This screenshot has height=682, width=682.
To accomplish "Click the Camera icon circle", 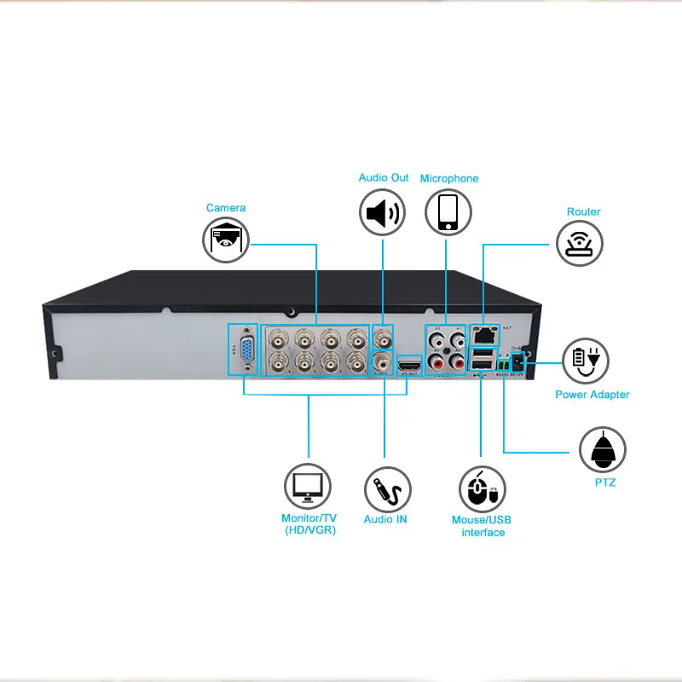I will (x=226, y=240).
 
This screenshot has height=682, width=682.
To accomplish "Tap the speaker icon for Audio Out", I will (x=383, y=212).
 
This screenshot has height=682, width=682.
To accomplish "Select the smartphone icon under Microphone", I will (x=448, y=212).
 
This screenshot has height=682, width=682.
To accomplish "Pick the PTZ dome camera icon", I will (x=603, y=449).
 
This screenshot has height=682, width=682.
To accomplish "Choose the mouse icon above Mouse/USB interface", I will (x=483, y=488).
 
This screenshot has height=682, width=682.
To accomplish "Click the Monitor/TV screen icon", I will (x=308, y=487).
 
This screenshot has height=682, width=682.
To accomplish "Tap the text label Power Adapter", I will (x=592, y=395).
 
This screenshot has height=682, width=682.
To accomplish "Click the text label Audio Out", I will (x=384, y=178).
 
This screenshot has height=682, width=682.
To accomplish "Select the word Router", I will (x=583, y=211).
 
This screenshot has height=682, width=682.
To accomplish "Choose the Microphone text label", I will (x=449, y=179).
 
